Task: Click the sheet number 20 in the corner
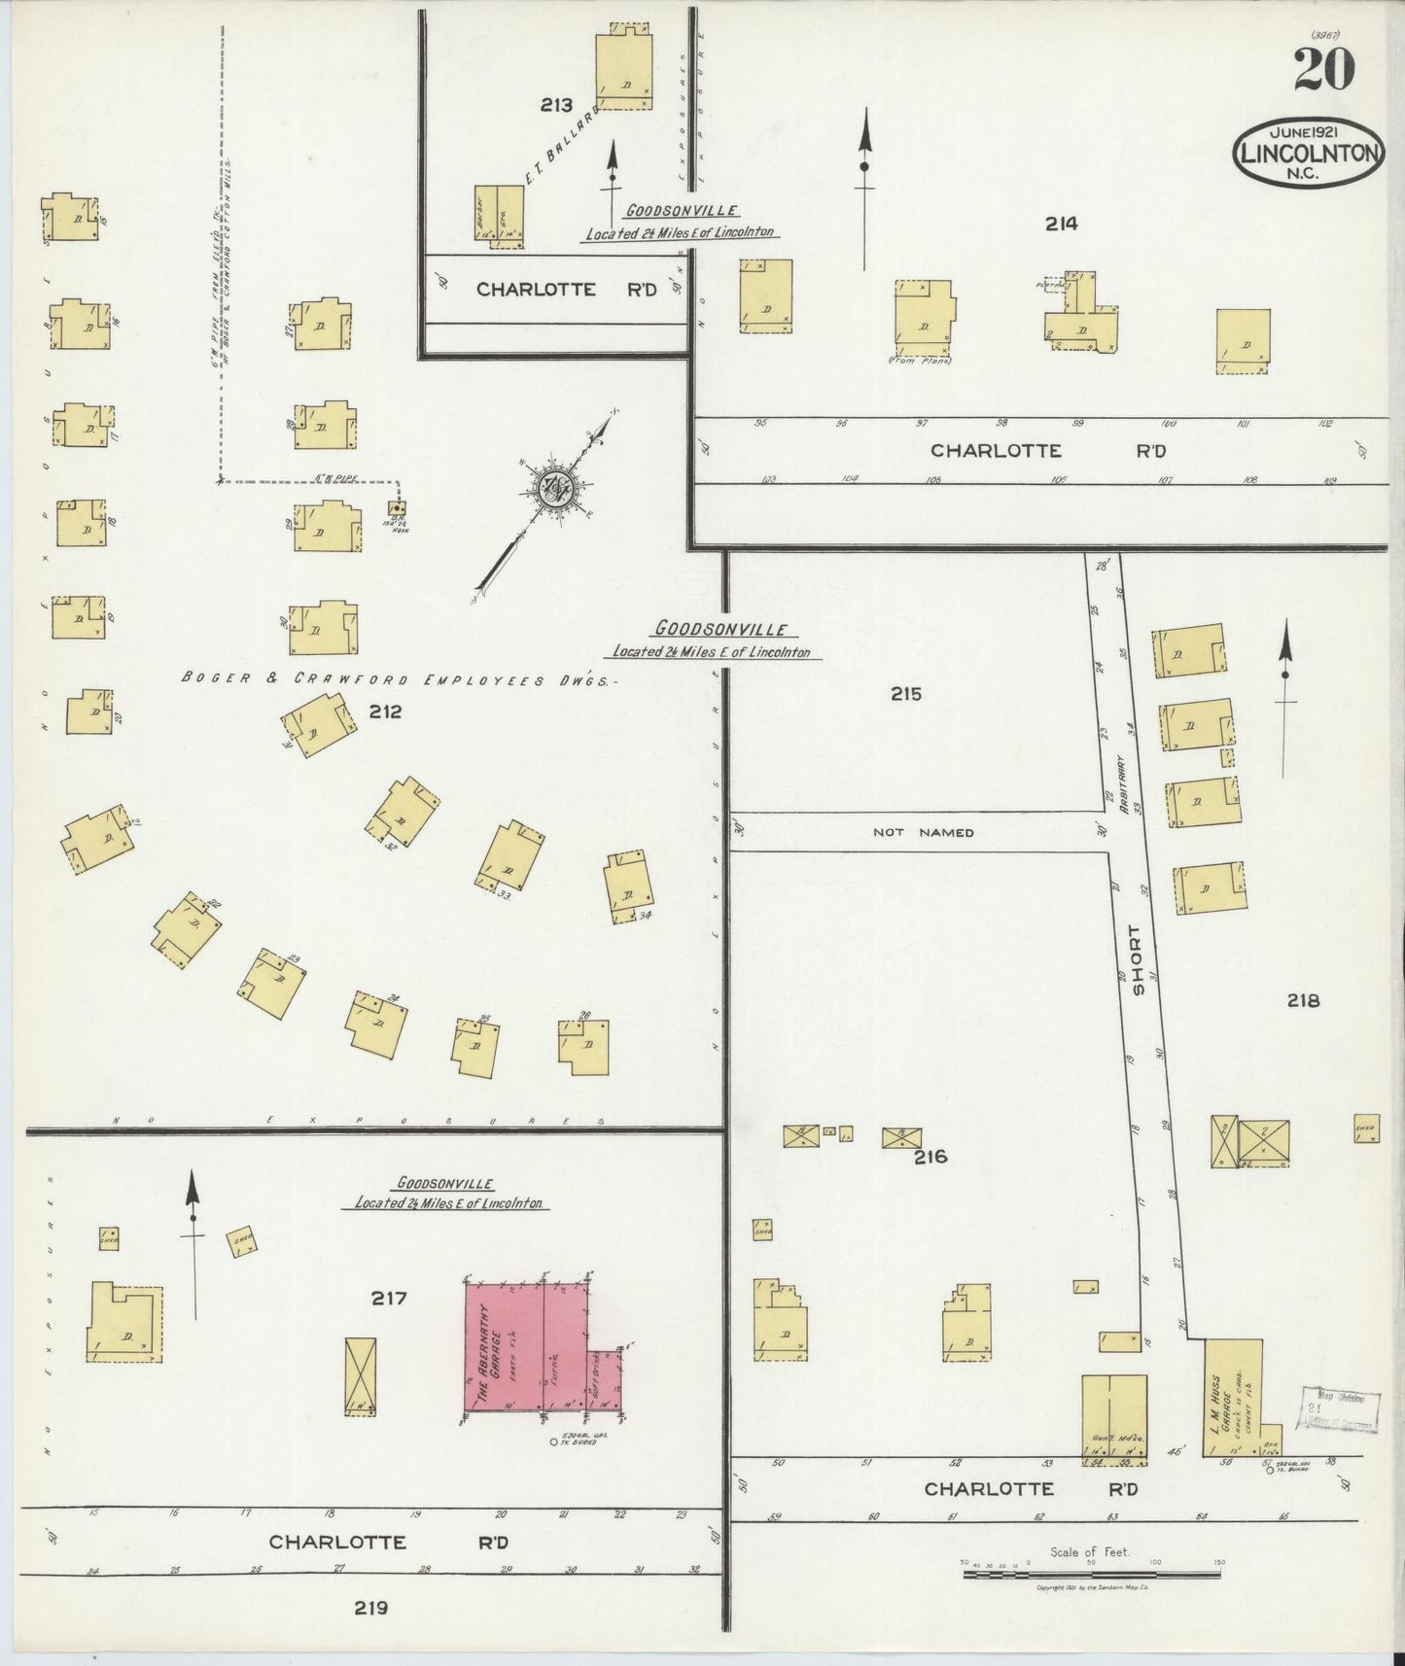[x=1324, y=70]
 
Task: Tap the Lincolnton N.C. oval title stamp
[x=1308, y=155]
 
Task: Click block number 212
[x=385, y=712]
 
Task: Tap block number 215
[x=904, y=694]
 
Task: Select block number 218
[x=1303, y=1000]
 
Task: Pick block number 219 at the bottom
[x=370, y=1608]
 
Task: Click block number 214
[x=1061, y=224]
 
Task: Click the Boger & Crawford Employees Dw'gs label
[x=399, y=680]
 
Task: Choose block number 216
[x=930, y=1157]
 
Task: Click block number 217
[x=388, y=1298]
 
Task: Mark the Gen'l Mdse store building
[x=1114, y=1414]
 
